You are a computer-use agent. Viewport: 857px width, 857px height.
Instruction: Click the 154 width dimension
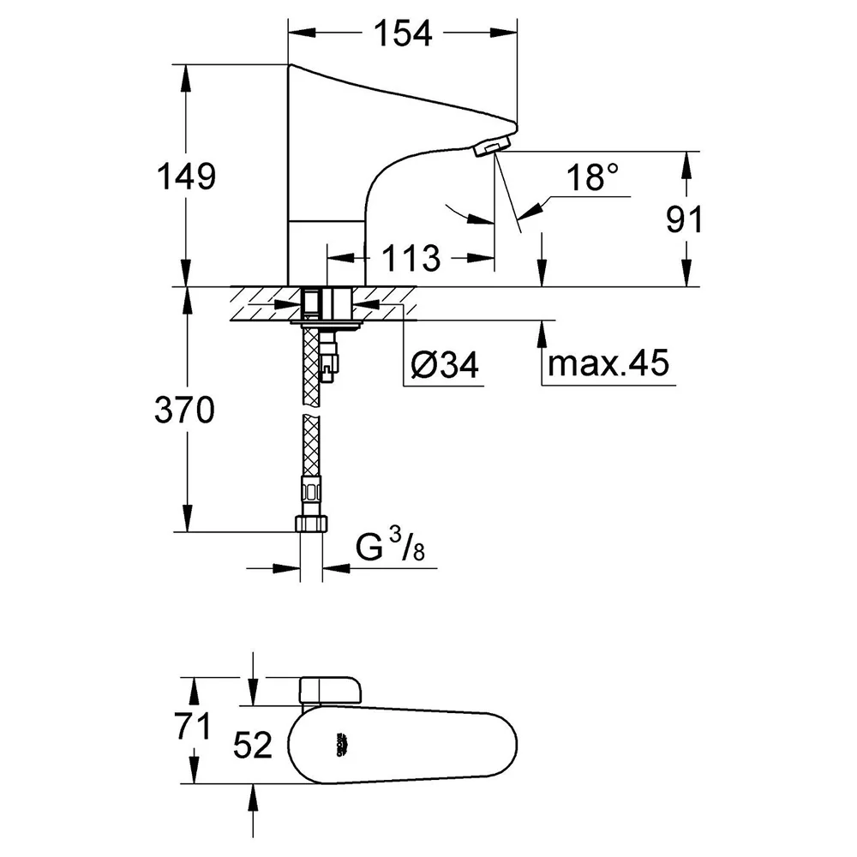click(x=403, y=33)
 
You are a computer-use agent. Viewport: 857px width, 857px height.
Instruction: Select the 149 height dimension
click(x=186, y=177)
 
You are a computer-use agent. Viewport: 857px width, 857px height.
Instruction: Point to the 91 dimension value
click(x=684, y=219)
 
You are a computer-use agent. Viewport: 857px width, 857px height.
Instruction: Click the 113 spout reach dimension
click(x=411, y=258)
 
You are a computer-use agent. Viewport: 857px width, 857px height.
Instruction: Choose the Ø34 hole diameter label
click(x=445, y=364)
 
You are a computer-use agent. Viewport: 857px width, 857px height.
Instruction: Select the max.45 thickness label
click(x=608, y=363)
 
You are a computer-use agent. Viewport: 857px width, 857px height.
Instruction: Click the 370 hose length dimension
click(x=185, y=410)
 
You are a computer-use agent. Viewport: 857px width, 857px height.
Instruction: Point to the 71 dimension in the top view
click(x=192, y=727)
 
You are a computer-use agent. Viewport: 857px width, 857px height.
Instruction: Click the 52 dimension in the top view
click(x=253, y=745)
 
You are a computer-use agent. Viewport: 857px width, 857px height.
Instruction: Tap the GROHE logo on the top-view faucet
click(x=342, y=745)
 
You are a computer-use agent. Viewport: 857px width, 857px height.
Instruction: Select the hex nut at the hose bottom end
click(x=312, y=524)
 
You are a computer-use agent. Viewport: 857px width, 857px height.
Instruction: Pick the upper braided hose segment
click(x=311, y=365)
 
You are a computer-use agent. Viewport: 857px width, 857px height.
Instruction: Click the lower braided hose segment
click(x=311, y=446)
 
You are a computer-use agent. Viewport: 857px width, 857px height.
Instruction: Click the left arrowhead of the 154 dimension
click(x=303, y=33)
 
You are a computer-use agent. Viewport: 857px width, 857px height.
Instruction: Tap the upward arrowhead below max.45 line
click(x=542, y=334)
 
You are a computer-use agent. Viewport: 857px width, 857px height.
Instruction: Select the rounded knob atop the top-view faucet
click(x=331, y=690)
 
